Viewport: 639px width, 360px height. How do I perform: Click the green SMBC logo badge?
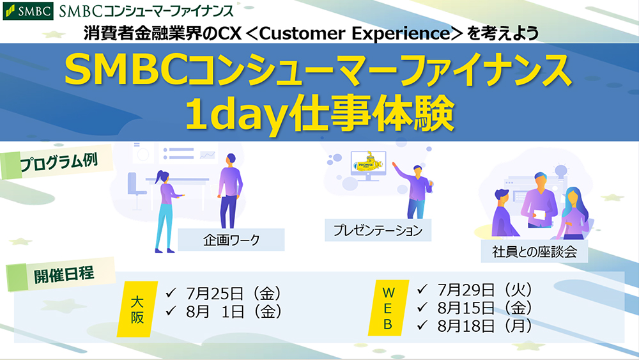[27, 11]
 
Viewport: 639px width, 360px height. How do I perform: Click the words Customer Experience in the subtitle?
[355, 33]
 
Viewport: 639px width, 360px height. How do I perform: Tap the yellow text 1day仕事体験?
[319, 114]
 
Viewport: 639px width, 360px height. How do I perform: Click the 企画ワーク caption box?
[231, 240]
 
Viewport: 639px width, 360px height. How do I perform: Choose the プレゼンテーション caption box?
[378, 230]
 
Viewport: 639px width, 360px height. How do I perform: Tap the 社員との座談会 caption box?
[534, 251]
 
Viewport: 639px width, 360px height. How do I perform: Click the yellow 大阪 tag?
[137, 309]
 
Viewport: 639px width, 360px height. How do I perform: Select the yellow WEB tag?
[388, 308]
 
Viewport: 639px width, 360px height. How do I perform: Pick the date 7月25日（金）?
[233, 293]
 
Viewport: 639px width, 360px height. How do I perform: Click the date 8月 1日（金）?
[233, 312]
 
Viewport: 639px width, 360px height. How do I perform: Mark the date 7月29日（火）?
[485, 290]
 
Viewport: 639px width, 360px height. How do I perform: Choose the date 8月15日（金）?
[485, 308]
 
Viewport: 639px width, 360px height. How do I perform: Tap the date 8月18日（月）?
[485, 325]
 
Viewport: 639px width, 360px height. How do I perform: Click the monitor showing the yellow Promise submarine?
[369, 165]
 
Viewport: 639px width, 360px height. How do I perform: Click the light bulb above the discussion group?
[561, 171]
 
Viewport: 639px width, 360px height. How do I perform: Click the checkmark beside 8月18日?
[422, 325]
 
